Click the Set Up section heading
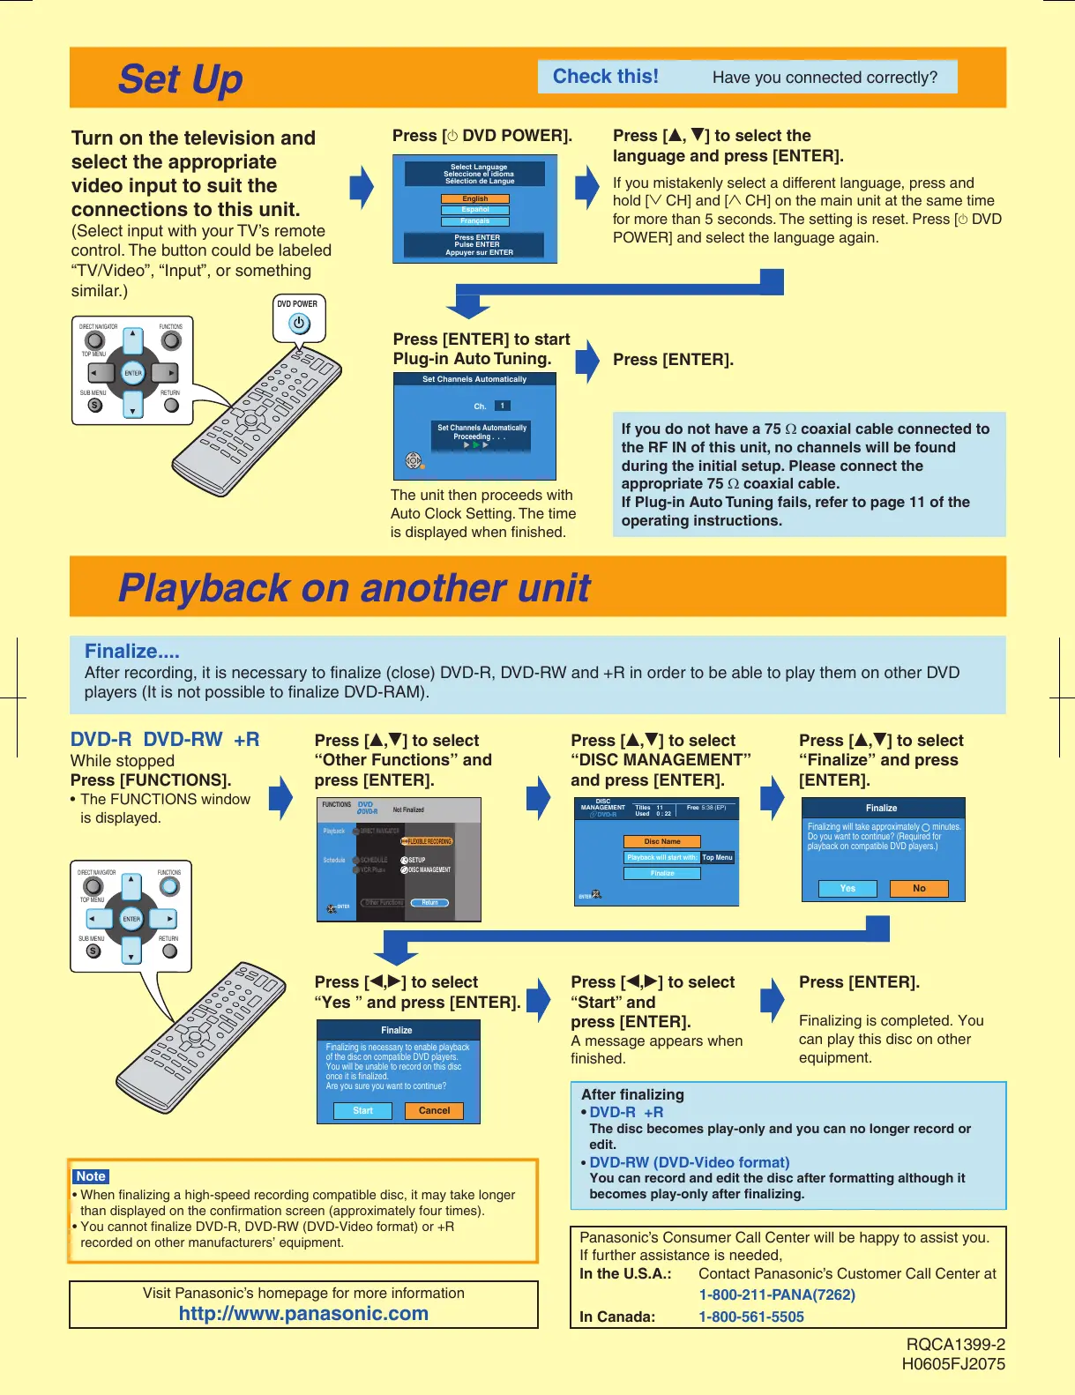tap(180, 79)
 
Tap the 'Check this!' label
tap(605, 77)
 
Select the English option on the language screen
tap(474, 199)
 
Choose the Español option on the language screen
tap(474, 210)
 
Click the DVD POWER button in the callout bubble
tap(299, 324)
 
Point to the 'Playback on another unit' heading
tap(354, 588)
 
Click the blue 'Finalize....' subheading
tap(131, 652)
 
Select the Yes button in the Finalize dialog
tap(847, 889)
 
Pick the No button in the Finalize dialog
tap(919, 889)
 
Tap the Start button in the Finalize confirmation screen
tap(362, 1111)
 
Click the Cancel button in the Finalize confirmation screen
tap(434, 1111)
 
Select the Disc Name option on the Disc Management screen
tap(661, 842)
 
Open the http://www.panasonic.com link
tap(303, 1314)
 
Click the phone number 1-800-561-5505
tap(751, 1317)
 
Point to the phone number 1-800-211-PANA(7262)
tap(777, 1295)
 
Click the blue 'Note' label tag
tap(91, 1176)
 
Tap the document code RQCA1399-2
tap(955, 1345)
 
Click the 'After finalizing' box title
tap(632, 1095)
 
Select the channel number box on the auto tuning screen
tap(502, 407)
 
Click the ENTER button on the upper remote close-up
tap(133, 373)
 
